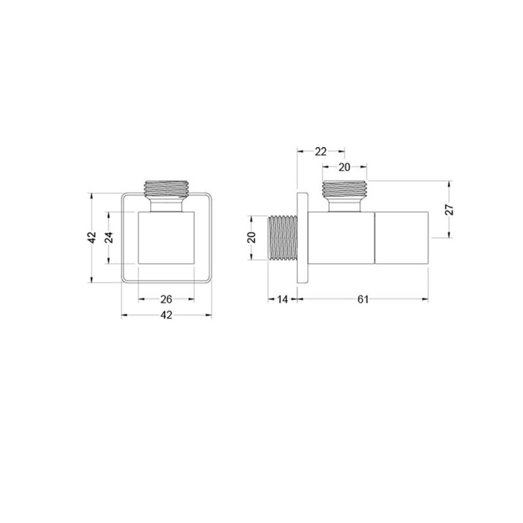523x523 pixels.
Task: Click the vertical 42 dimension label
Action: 92,237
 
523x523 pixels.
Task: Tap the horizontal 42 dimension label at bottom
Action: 166,315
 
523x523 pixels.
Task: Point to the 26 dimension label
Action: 166,299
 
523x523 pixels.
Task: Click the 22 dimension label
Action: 320,152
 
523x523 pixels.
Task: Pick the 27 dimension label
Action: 450,209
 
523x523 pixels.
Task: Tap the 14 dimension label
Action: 282,299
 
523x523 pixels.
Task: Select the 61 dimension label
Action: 363,299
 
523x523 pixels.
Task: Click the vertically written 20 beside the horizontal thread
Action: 252,237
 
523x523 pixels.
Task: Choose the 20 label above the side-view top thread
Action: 344,167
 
